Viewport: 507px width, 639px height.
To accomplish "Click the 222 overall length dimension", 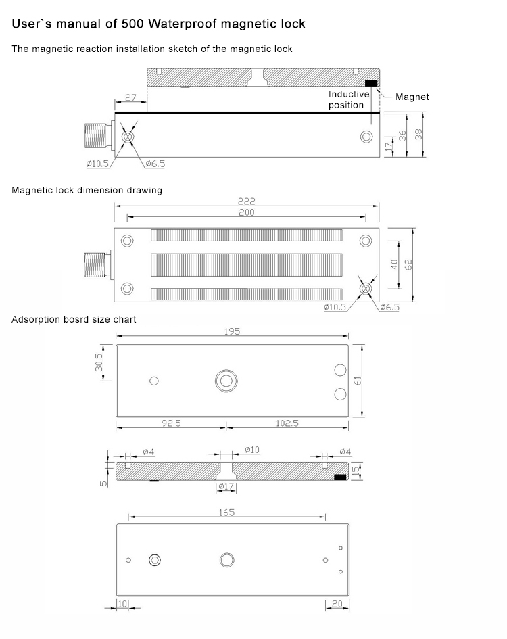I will coord(247,201).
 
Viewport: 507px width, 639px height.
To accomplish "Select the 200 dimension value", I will coord(247,212).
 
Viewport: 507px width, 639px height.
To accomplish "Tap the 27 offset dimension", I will coord(130,97).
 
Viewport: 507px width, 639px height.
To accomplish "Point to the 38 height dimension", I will coord(419,135).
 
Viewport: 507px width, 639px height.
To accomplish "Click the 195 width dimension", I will coord(232,331).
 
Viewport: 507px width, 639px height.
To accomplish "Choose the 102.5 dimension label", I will coord(287,423).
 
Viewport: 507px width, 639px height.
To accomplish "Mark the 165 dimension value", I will coord(226,513).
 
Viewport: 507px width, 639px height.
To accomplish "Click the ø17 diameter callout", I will coord(226,486).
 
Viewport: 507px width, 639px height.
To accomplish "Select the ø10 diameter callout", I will coord(251,450).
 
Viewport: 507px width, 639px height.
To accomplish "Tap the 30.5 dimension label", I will coord(99,362).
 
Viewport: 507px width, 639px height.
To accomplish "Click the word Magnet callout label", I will coord(412,97).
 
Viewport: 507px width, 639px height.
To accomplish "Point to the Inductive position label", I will coord(349,99).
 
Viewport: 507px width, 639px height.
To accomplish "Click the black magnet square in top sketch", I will coord(371,83).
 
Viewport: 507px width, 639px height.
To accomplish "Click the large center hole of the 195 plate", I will coord(226,380).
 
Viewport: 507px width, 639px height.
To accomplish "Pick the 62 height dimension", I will coord(408,264).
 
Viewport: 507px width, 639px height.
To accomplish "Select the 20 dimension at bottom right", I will coord(337,603).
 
